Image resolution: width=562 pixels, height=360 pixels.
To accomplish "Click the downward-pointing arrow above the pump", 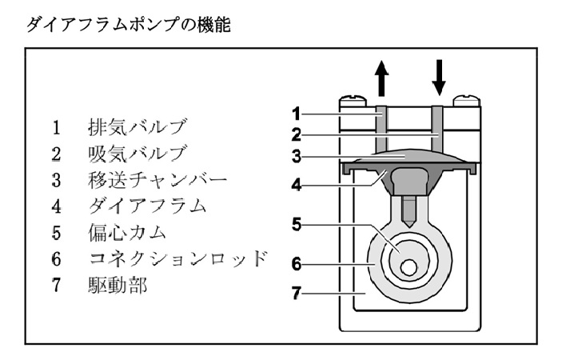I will tap(438, 75).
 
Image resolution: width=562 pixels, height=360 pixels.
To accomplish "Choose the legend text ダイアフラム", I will tap(147, 206).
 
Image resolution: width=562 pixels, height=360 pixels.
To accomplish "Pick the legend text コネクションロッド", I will tap(177, 259).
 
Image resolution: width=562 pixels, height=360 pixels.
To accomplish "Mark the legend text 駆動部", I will tap(117, 286).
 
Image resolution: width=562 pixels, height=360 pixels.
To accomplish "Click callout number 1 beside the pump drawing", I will tap(295, 112).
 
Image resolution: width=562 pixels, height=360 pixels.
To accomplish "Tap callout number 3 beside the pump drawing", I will tap(295, 156).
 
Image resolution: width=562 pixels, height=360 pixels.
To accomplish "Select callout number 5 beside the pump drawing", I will tap(295, 225).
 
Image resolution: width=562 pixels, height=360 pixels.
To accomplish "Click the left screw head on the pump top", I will tap(353, 102).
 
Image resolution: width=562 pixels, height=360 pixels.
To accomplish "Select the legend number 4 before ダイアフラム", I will tap(56, 206).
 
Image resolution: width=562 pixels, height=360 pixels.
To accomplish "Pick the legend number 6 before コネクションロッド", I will tap(56, 259).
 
